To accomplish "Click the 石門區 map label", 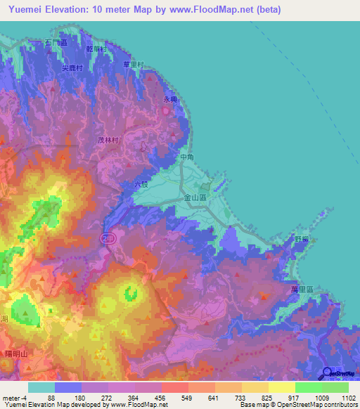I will [55, 44].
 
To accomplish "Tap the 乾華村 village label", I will [95, 49].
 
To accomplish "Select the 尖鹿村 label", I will [72, 68].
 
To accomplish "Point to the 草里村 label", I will [133, 65].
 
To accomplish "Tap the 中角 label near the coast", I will [186, 157].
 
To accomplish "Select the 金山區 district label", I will [194, 199].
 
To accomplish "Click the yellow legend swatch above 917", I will [281, 387].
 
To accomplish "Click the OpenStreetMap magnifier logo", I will [328, 373].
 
